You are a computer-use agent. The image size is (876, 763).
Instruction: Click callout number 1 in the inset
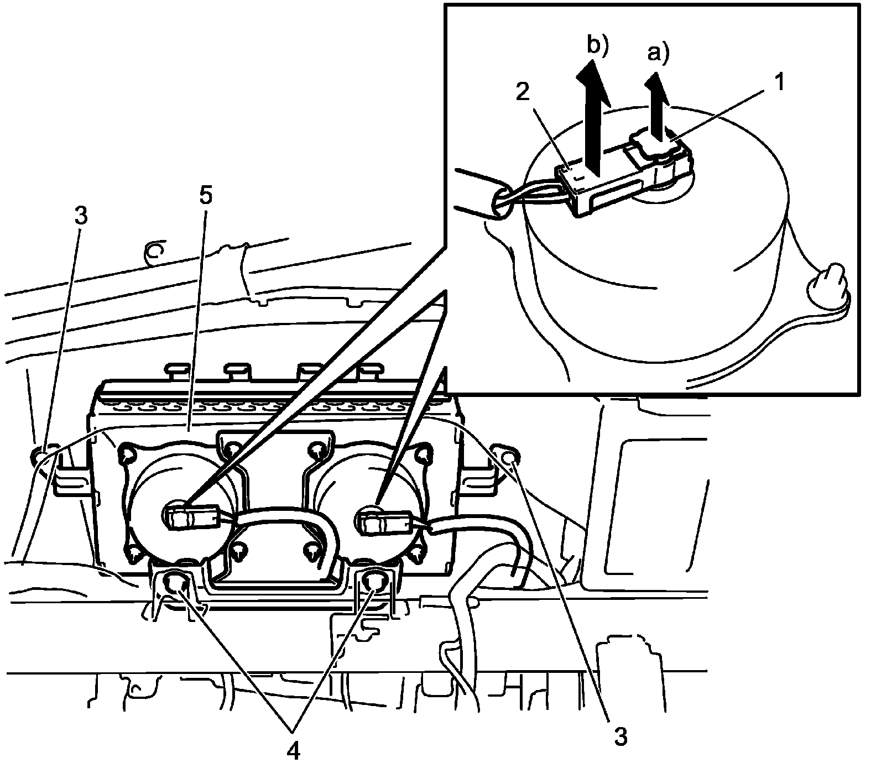point(779,83)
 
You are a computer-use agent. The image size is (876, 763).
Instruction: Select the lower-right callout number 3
point(620,736)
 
